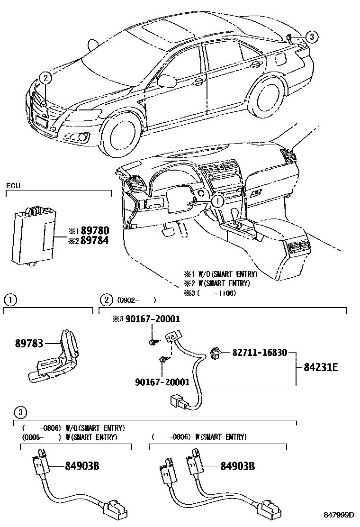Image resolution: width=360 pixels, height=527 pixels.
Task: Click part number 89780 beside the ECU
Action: click(95, 231)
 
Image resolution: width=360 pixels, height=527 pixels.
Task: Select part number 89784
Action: click(95, 240)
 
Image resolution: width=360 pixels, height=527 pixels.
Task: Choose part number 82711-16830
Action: click(259, 353)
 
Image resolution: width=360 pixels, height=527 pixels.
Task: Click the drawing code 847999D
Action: click(339, 514)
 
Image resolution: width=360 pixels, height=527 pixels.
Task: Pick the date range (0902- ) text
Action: click(134, 300)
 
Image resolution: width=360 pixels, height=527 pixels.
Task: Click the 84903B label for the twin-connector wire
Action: click(237, 466)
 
